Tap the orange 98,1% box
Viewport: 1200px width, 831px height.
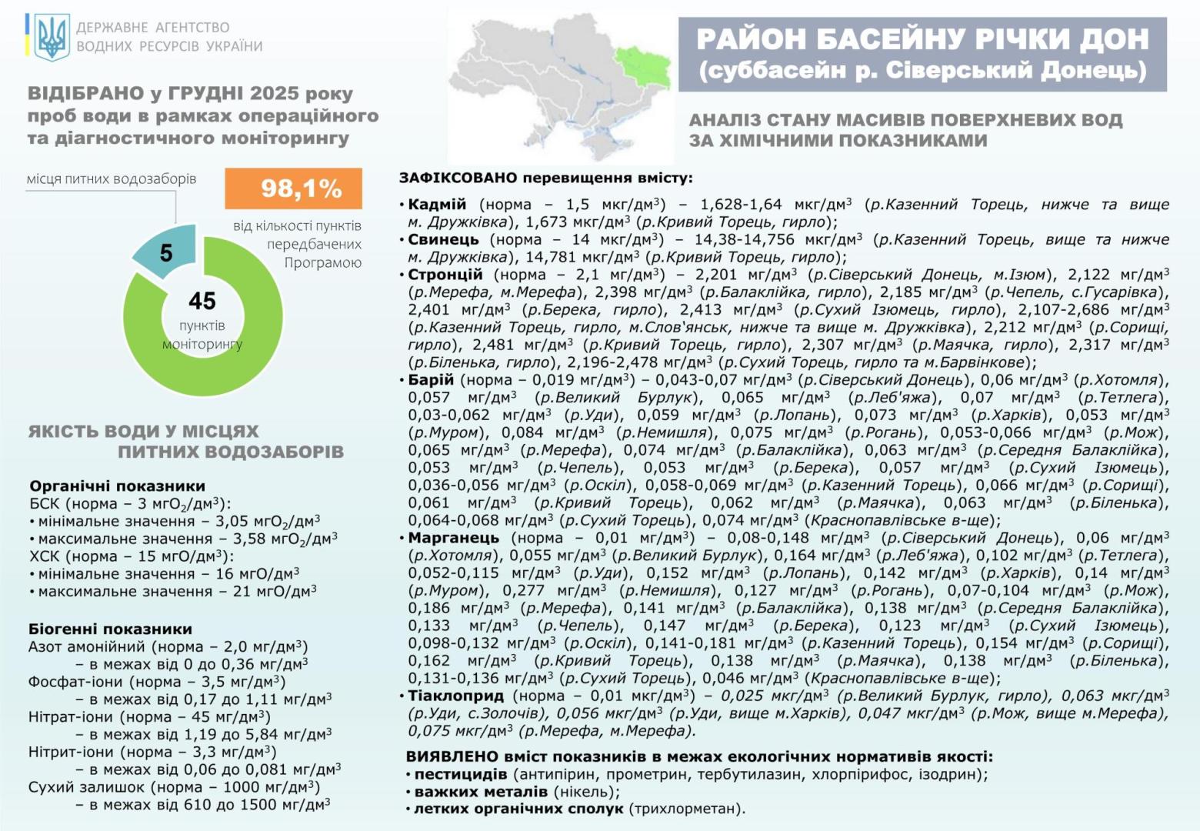pyautogui.click(x=293, y=189)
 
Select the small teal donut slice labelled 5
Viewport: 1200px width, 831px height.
pyautogui.click(x=165, y=251)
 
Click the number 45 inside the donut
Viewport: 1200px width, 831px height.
pyautogui.click(x=202, y=301)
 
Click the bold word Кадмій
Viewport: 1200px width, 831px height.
pyautogui.click(x=437, y=205)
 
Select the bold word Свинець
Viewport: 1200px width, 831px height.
pyautogui.click(x=443, y=239)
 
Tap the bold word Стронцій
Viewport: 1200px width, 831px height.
pyautogui.click(x=445, y=275)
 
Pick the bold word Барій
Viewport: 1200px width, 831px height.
pyautogui.click(x=431, y=380)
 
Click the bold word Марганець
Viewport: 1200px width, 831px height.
pyautogui.click(x=454, y=538)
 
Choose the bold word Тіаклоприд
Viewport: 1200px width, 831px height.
pyautogui.click(x=456, y=696)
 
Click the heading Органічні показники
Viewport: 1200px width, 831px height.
pyautogui.click(x=117, y=486)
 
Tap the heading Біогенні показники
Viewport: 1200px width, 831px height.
pyautogui.click(x=110, y=629)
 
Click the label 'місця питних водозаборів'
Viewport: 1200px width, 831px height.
pyautogui.click(x=112, y=179)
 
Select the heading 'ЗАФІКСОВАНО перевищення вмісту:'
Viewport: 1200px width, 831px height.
pyautogui.click(x=545, y=178)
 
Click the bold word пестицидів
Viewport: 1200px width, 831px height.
pyautogui.click(x=461, y=774)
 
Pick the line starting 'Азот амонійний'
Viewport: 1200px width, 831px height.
pyautogui.click(x=168, y=646)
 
